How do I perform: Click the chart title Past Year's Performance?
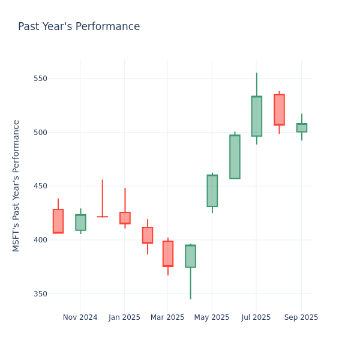point(79,27)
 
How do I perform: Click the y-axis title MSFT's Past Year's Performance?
point(16,185)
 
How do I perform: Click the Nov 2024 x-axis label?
point(80,317)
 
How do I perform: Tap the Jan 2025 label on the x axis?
point(124,317)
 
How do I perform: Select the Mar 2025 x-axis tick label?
point(167,317)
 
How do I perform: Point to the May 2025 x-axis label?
point(212,317)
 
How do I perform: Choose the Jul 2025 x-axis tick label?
point(256,317)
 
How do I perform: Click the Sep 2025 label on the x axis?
point(301,317)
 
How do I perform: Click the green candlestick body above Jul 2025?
point(256,116)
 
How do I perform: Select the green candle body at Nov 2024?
point(80,223)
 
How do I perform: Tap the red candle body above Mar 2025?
point(167,253)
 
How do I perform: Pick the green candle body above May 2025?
point(212,191)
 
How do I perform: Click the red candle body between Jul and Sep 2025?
point(279,110)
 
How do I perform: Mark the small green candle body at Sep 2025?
point(301,128)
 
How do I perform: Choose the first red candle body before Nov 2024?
point(58,221)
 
